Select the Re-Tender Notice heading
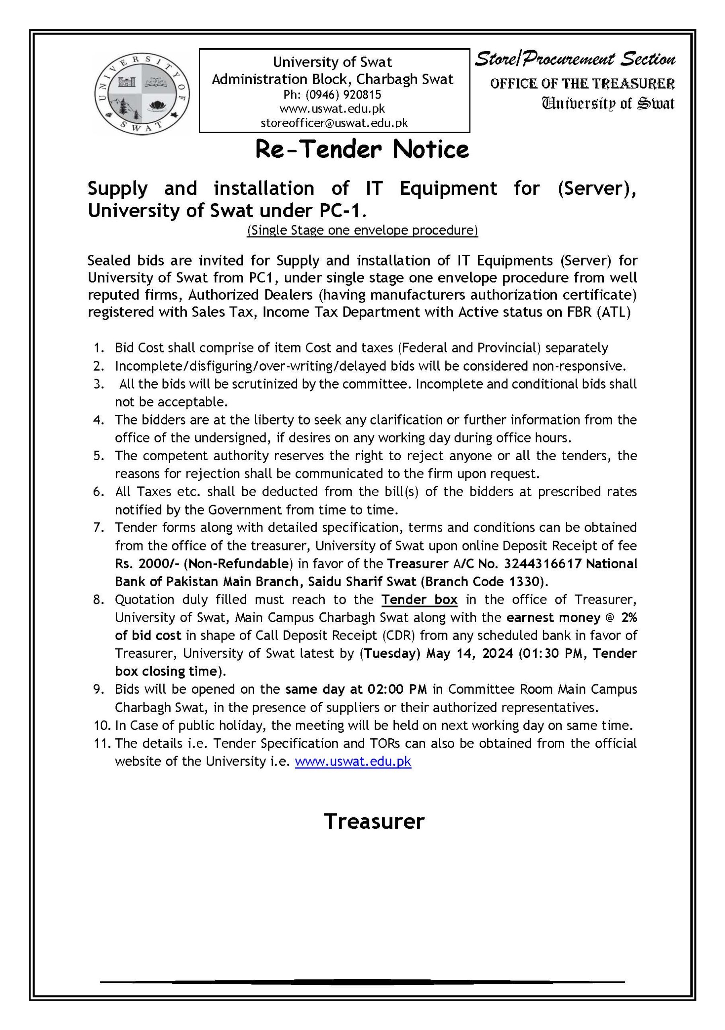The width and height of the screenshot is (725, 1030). tap(362, 150)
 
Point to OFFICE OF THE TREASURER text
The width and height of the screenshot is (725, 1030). tap(582, 84)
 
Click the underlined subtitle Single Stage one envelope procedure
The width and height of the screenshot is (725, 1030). tap(362, 231)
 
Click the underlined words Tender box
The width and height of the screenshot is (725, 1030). tap(419, 600)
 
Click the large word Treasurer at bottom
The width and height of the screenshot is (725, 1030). tap(374, 822)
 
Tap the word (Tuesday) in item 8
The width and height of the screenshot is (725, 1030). tap(389, 654)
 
